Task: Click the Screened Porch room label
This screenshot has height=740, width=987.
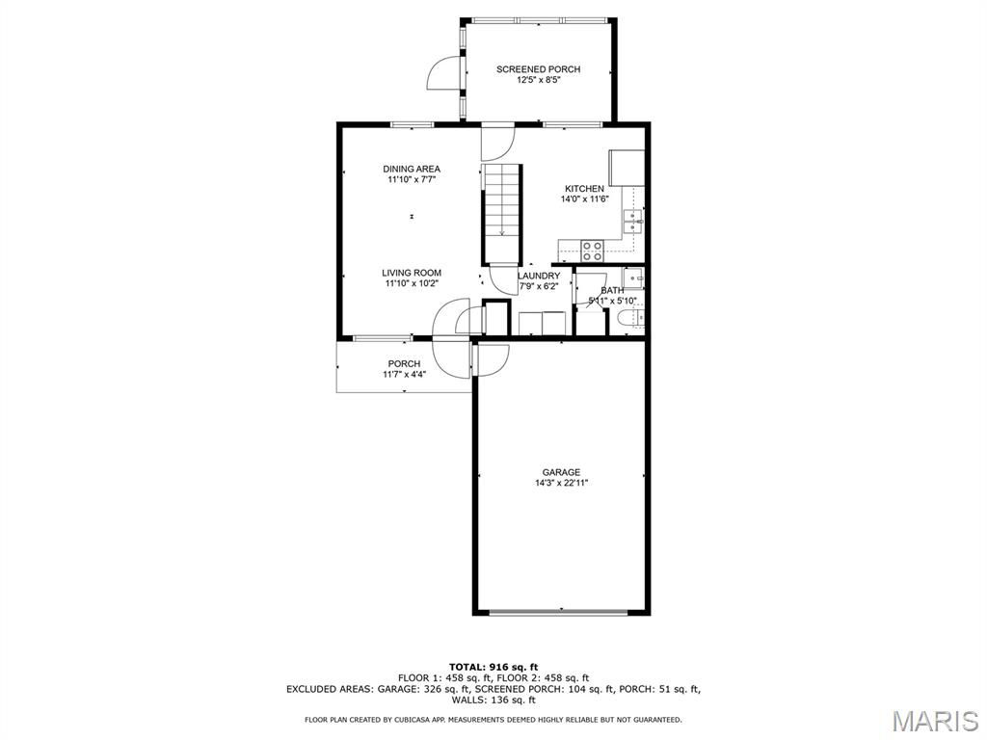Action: point(538,69)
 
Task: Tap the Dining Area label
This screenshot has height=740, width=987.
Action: point(412,169)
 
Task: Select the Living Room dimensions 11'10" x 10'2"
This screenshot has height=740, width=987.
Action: point(412,284)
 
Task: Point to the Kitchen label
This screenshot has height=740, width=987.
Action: point(584,189)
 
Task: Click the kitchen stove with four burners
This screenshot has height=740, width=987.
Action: point(592,251)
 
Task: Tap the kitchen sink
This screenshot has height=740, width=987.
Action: point(632,221)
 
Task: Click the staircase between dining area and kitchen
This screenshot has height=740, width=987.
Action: point(502,213)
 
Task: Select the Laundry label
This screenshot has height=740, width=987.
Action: point(539,277)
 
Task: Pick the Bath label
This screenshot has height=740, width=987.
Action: point(612,291)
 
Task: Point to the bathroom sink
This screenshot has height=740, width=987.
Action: point(632,277)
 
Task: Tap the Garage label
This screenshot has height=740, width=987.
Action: point(562,472)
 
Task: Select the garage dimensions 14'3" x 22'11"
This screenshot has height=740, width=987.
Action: point(562,484)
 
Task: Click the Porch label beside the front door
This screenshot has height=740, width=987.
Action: point(404,363)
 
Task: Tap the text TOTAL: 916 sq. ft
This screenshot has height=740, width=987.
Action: point(493,667)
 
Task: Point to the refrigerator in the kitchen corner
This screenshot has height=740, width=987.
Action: point(627,168)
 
